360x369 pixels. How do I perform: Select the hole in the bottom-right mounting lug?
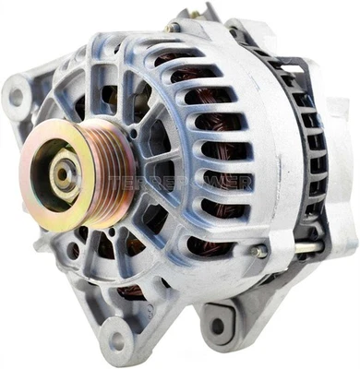[218, 325]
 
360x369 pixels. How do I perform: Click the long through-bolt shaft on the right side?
[295, 247]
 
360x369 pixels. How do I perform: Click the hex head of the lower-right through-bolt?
[260, 251]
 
